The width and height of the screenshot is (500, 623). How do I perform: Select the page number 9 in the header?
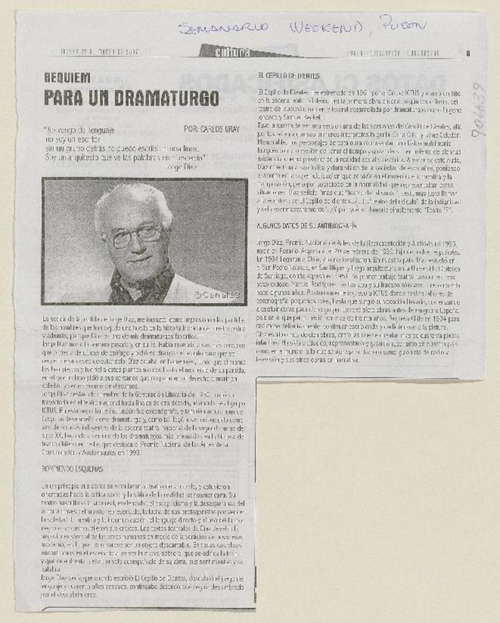pyautogui.click(x=467, y=53)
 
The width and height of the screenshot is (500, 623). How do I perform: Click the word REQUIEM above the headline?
pyautogui.click(x=67, y=79)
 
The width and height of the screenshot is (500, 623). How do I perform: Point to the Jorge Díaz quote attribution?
pyautogui.click(x=182, y=167)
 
